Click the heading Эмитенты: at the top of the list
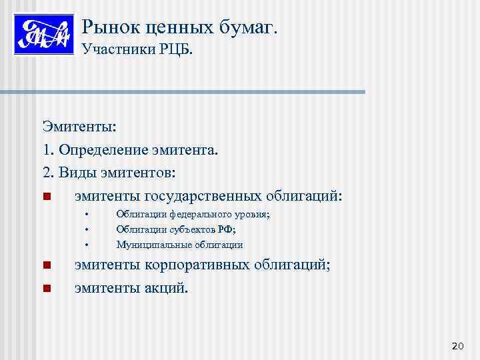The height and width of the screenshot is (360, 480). tap(79, 127)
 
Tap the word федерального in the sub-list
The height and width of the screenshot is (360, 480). tap(199, 215)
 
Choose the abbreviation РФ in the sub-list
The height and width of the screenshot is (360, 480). tap(228, 229)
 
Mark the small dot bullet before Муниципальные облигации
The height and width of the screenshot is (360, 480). tap(87, 244)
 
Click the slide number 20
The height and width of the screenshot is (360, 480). tap(457, 345)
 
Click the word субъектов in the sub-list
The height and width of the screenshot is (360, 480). tap(194, 229)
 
